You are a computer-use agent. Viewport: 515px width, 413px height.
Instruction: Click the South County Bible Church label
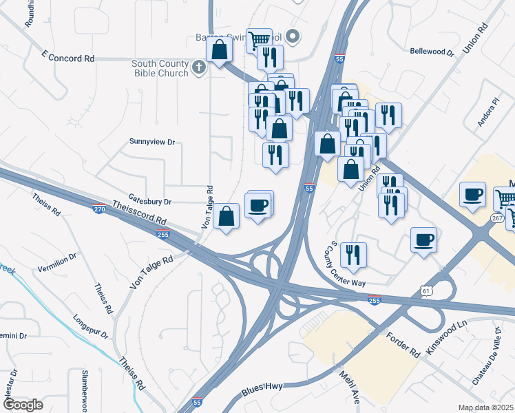pos(160,68)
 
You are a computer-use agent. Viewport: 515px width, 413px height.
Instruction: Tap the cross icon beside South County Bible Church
pos(199,67)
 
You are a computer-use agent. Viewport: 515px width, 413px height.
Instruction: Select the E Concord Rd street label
pos(67,59)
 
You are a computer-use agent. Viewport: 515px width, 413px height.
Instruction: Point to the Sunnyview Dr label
pos(152,142)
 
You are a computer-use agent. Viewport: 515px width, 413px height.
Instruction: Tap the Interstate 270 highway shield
pos(100,206)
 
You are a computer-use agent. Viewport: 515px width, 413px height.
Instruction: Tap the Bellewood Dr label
pos(432,52)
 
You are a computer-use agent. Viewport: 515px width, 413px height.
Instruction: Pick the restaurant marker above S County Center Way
pos(353,255)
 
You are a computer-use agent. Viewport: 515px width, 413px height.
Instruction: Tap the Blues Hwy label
pos(262,390)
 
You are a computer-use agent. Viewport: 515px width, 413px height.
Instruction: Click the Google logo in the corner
pos(23,404)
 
